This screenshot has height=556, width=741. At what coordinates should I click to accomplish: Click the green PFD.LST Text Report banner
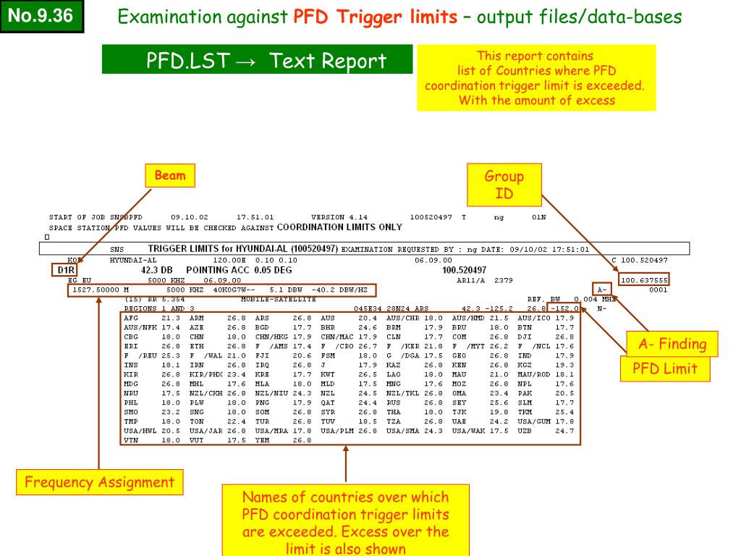coord(257,59)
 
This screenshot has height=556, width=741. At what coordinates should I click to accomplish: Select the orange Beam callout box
coord(170,176)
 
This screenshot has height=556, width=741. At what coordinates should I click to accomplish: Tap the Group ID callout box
coord(504,185)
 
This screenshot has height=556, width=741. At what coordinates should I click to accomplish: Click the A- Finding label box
coord(672,344)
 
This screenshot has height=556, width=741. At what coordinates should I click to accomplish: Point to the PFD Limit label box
coord(665,368)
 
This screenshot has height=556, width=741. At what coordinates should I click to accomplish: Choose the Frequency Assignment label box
coord(99,482)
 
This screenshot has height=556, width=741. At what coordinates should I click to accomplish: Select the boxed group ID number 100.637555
coord(644,279)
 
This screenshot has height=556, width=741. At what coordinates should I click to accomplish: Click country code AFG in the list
coord(131,318)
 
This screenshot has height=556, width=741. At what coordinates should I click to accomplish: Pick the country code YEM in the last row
coord(262,440)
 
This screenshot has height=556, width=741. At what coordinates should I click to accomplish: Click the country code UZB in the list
coord(525,431)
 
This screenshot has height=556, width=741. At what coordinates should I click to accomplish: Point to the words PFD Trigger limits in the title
coord(375,17)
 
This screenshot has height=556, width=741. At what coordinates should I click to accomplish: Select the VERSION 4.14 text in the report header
coord(339,217)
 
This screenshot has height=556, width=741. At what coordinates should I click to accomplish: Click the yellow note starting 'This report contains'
coord(535,77)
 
